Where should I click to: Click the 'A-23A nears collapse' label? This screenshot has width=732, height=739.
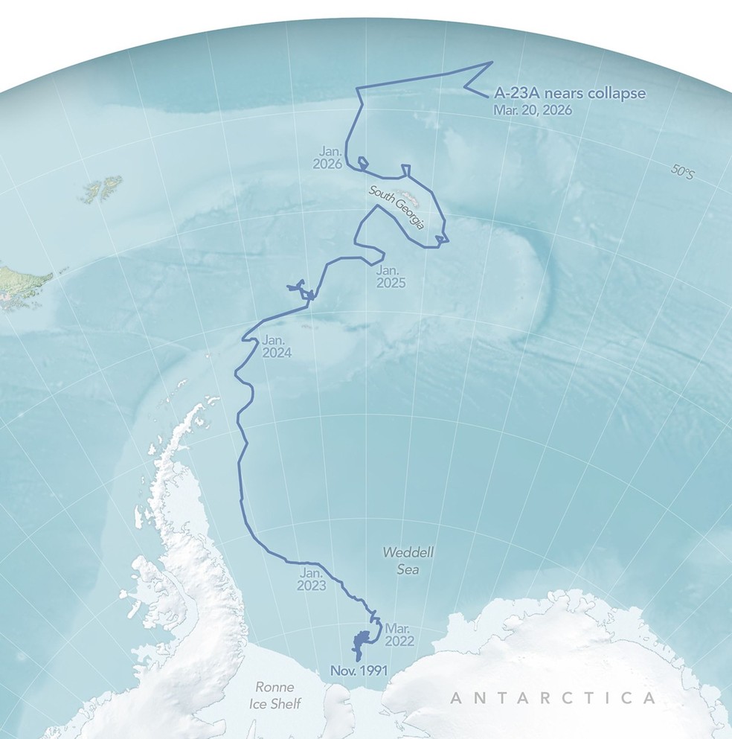click(571, 94)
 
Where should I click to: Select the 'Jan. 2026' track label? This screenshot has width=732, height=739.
click(328, 158)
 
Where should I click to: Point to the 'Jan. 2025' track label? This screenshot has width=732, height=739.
click(391, 275)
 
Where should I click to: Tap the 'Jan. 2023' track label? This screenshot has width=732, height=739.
click(312, 580)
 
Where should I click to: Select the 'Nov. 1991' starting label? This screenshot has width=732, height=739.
click(360, 671)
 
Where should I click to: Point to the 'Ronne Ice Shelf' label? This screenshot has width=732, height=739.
click(274, 694)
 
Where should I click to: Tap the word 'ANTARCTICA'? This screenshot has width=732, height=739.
click(553, 698)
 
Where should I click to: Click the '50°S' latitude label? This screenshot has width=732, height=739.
click(681, 173)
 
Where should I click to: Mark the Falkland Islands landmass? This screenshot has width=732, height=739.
click(100, 190)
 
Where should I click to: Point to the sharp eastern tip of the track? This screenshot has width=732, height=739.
click(492, 63)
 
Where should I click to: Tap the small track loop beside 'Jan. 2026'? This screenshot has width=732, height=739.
click(363, 162)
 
